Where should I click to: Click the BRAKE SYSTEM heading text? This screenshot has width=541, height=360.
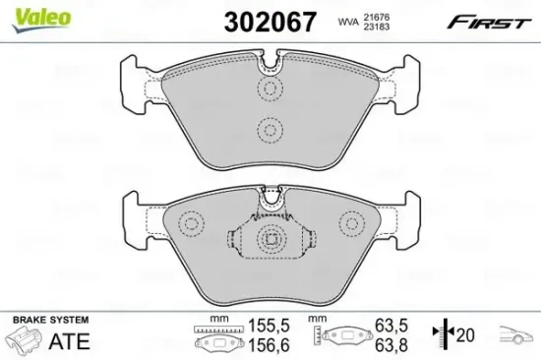[x=48, y=322]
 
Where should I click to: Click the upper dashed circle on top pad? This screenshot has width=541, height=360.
[x=268, y=90]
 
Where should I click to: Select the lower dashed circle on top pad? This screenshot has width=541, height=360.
[x=268, y=128]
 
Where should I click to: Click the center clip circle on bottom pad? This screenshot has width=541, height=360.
[x=270, y=238]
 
